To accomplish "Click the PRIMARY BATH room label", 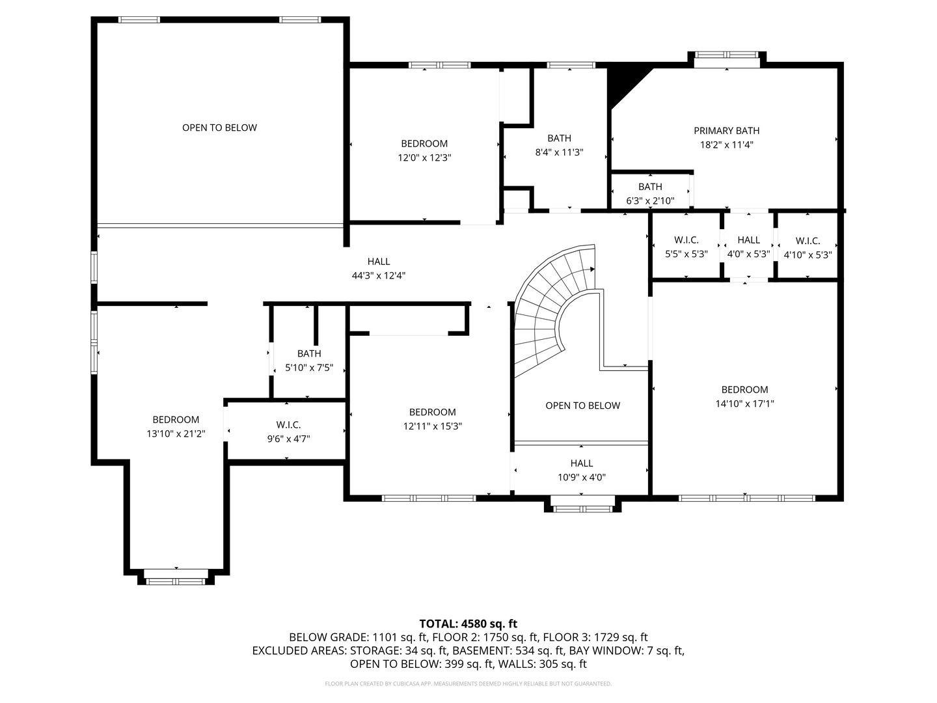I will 726,131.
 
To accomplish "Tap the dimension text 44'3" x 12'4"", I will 379,275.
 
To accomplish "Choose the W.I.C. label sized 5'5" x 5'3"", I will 686,240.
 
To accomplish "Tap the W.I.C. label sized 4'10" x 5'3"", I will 807,241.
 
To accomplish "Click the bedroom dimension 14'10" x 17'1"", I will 744,404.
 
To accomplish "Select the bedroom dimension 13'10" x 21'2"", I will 176,434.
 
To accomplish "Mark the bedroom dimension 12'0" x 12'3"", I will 424,158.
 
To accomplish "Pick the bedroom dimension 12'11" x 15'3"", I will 432,426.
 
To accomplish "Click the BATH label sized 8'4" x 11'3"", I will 559,138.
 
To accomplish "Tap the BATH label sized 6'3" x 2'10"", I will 650,187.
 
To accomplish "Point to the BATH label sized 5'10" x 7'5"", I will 309,353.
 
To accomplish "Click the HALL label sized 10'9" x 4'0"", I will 581,463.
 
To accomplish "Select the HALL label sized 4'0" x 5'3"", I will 748,240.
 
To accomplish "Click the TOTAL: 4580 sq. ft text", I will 468,624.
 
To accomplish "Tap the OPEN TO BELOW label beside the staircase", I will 582,406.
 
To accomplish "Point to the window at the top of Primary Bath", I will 726,59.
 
